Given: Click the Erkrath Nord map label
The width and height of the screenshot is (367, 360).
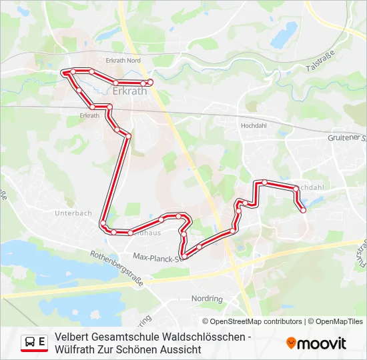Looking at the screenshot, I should (123, 60).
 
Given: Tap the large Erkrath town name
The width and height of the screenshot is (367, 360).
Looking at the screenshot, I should (129, 91).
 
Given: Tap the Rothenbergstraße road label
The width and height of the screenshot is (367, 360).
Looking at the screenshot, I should (117, 267).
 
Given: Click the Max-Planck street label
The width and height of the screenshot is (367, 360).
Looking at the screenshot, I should (157, 256).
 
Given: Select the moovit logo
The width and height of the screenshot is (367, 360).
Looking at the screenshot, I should (316, 343).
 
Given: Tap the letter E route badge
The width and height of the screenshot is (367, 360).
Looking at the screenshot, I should (42, 342).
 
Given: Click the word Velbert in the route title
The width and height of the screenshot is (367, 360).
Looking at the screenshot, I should (74, 337).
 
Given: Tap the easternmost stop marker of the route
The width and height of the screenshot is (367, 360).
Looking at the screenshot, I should (304, 210).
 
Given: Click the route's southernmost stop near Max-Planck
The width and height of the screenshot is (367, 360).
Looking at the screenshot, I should (184, 256).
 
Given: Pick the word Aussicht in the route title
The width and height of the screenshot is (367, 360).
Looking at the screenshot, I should (181, 349).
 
